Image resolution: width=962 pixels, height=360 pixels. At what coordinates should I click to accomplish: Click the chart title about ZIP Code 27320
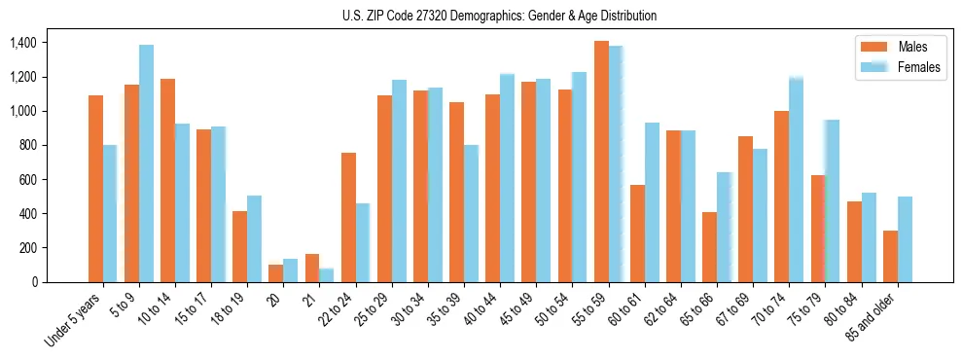(x=499, y=16)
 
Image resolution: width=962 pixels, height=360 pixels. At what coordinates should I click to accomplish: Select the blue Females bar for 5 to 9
(x=146, y=163)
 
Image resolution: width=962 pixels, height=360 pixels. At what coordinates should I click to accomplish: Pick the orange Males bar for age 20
(x=276, y=273)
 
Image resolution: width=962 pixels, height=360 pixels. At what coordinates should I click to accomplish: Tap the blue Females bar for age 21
(x=327, y=275)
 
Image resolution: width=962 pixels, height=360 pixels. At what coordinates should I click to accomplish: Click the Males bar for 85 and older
(x=890, y=256)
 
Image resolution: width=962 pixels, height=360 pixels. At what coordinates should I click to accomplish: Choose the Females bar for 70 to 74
(x=796, y=180)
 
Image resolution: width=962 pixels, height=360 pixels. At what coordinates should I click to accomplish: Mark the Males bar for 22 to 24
(x=348, y=217)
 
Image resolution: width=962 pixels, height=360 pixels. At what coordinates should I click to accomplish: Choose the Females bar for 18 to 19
(x=254, y=238)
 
